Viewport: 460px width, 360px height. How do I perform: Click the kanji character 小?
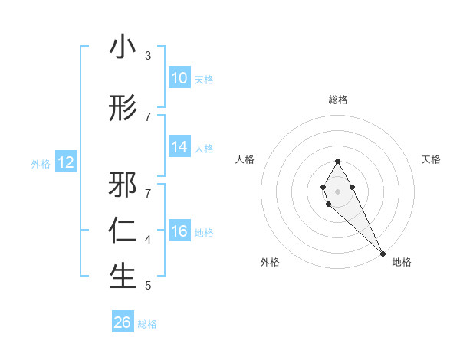[123, 47]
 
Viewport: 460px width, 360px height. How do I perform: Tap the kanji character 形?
[123, 109]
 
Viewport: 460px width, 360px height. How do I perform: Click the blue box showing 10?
[179, 78]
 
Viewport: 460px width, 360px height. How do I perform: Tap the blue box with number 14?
[179, 148]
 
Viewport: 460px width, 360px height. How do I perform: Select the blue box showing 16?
[179, 232]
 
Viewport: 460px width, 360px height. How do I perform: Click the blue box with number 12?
[66, 162]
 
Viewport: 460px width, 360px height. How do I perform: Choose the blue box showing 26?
[123, 322]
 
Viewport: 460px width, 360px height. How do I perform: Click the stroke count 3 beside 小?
[148, 56]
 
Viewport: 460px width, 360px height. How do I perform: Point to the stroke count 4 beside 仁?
[148, 240]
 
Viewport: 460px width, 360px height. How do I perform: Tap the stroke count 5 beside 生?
[148, 286]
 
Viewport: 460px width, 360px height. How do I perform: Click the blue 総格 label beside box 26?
[147, 324]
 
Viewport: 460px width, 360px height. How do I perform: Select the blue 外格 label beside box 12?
[41, 163]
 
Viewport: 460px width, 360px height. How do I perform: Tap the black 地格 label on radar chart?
[402, 262]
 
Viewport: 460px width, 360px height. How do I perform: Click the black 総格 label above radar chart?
[338, 100]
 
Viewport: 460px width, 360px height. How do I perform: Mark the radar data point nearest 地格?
[383, 254]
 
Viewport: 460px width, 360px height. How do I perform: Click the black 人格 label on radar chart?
[245, 159]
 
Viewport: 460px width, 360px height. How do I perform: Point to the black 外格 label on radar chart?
[270, 262]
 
